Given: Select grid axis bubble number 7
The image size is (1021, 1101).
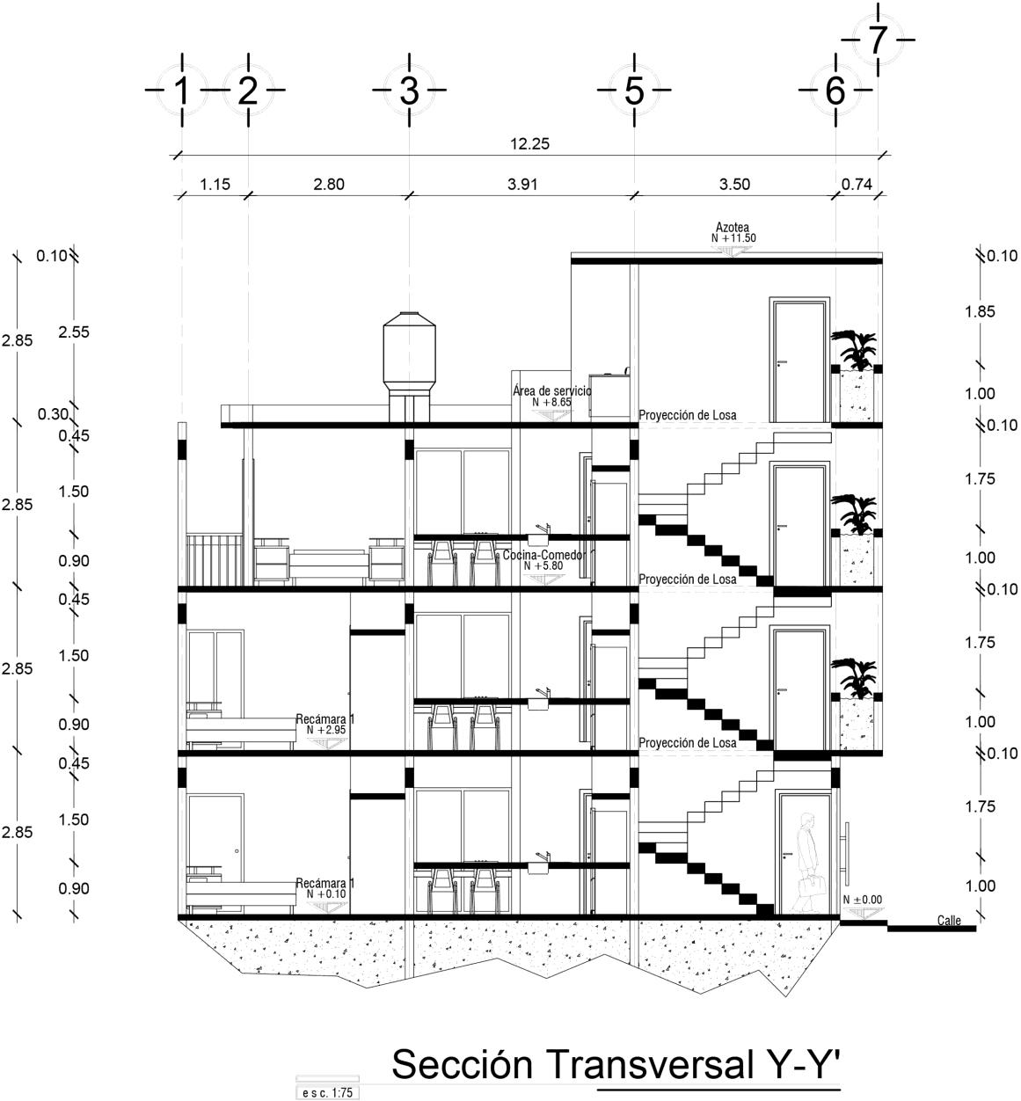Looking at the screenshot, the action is coord(877,40).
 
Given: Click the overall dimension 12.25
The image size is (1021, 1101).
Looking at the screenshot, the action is coord(529,144).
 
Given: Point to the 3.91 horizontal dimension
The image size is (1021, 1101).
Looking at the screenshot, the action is coord(522,185).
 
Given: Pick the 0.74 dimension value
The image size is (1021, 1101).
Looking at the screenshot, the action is coord(857,185).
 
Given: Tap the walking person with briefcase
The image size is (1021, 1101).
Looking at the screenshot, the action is coord(807,862).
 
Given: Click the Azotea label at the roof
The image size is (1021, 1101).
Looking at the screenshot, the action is coord(732,228).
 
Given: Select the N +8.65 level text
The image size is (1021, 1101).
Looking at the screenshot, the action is coord(551,402).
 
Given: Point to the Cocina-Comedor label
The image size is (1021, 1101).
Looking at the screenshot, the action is coord(544,556).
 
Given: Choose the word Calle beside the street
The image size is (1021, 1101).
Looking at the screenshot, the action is coord(949,921).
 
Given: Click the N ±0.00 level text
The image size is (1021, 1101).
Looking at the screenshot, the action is coord(862,900).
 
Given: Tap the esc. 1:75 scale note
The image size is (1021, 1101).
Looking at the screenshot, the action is coord(326,1092).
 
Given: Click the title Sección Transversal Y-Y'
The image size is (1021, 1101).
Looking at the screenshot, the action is coord(616,1064).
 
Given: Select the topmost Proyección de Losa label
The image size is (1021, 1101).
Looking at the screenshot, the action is coord(688,415).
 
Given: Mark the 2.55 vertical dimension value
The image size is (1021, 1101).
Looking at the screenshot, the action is coord(74,332).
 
